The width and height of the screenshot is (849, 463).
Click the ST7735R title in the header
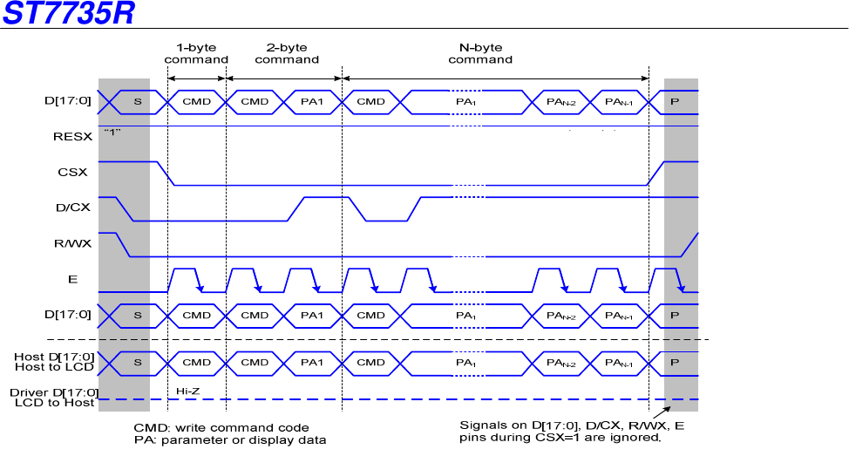tap(68, 14)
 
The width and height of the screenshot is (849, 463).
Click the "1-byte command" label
tap(196, 53)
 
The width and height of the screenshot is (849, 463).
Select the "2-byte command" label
tap(287, 53)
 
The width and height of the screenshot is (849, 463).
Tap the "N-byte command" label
tap(480, 53)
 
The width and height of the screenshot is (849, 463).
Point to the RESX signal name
tap(71, 136)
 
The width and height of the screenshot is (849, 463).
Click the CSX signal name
tap(73, 172)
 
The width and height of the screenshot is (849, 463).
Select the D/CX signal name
tap(70, 208)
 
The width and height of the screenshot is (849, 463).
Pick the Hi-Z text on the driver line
tap(188, 391)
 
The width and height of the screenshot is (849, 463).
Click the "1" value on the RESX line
tap(111, 132)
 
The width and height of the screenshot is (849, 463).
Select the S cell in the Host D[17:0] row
tap(137, 362)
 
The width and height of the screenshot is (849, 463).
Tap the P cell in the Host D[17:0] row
tap(675, 362)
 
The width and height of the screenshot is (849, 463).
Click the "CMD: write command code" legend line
tap(221, 427)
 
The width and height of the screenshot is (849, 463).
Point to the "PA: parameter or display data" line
tap(229, 439)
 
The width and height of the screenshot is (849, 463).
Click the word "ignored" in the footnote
tap(640, 438)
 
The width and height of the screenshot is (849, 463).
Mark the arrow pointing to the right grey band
tap(662, 411)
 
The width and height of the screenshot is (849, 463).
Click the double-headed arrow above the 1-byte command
tap(196, 78)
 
